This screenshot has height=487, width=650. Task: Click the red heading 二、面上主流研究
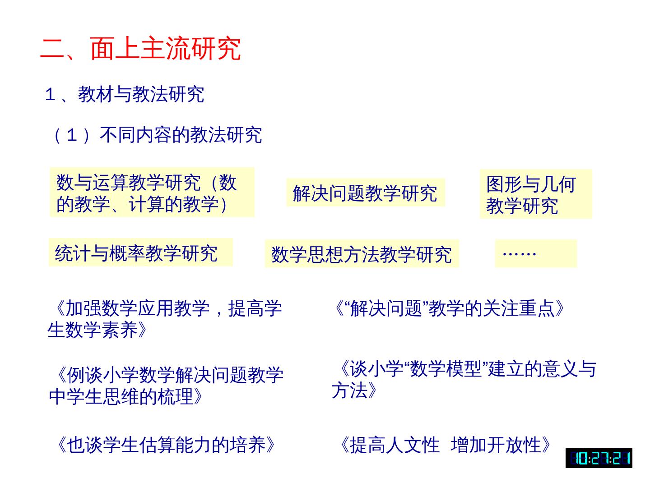point(141,48)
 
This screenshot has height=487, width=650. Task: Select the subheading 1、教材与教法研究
point(125,95)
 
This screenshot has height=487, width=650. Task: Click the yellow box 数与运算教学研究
point(152,193)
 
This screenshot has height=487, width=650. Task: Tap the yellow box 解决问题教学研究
point(365,193)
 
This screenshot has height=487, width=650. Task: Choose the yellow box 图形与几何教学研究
point(535,194)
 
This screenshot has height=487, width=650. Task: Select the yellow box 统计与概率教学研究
point(140,253)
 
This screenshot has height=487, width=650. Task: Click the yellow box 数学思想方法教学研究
point(361,254)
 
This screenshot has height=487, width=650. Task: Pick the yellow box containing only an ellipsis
point(536,253)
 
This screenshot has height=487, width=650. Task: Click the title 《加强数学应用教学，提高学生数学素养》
point(165,319)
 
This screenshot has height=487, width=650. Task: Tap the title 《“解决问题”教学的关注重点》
point(448,308)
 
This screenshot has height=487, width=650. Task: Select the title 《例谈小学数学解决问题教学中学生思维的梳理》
point(166,386)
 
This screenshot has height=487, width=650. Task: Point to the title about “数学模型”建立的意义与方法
point(464,379)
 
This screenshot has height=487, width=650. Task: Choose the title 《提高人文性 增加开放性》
point(444,445)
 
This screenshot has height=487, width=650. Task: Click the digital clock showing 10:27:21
point(599,458)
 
